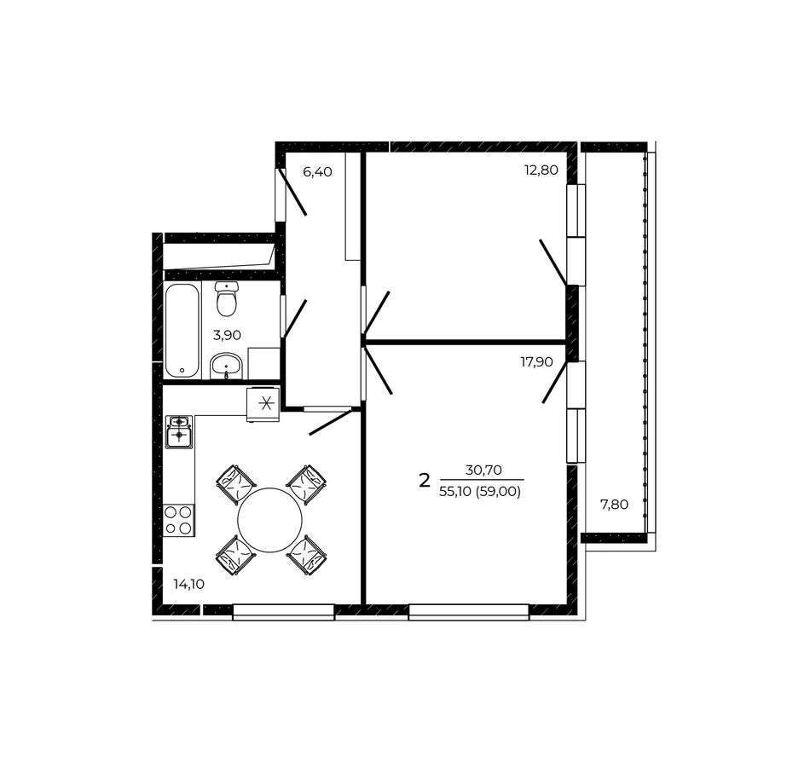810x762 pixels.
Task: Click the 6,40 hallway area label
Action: click(317, 171)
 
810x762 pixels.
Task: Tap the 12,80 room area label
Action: click(541, 170)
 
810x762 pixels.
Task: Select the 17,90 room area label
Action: click(536, 362)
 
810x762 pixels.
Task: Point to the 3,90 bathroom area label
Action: click(227, 335)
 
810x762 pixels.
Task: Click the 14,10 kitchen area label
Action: click(189, 585)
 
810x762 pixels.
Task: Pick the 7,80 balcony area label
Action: click(614, 505)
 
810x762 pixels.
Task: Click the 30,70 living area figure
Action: click(483, 470)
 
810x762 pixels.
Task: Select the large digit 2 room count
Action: click(424, 482)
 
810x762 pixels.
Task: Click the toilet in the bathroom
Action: click(226, 299)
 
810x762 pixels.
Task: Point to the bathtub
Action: click(182, 331)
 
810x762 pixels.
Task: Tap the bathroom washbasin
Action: click(226, 366)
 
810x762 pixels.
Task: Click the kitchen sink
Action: click(179, 431)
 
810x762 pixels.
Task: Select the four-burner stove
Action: click(178, 521)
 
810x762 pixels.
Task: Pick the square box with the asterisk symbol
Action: click(263, 404)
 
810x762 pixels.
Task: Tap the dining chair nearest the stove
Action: click(235, 556)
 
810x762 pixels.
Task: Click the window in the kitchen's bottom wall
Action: click(284, 612)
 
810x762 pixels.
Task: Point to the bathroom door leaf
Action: click(295, 319)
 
